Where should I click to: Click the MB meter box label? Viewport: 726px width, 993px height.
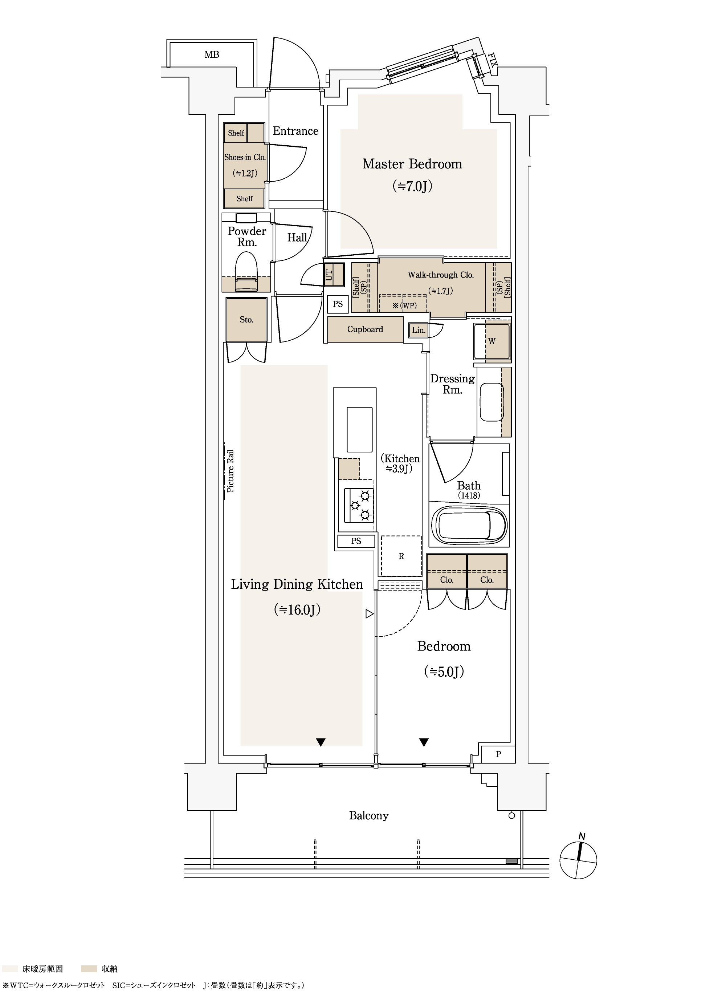212,54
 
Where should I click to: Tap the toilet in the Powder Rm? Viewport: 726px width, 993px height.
246,271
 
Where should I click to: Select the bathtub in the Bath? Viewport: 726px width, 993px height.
469,526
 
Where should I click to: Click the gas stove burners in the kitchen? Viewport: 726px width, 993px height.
359,505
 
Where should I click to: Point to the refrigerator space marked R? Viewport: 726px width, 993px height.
401,556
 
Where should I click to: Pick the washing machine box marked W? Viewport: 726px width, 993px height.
492,341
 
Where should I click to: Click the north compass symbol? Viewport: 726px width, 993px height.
578,859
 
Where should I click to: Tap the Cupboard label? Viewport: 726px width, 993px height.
365,329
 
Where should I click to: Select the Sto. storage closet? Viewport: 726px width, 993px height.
246,320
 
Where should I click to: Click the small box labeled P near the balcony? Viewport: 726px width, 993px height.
498,754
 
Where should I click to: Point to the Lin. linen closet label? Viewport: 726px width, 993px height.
419,330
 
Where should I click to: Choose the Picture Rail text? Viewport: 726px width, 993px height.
230,471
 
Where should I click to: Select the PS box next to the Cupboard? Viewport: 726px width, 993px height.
338,304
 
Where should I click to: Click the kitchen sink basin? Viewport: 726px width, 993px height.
359,429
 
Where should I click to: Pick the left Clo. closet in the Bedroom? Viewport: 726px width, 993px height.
446,571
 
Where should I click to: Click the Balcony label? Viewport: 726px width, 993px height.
369,816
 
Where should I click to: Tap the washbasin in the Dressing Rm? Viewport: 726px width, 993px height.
492,402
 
